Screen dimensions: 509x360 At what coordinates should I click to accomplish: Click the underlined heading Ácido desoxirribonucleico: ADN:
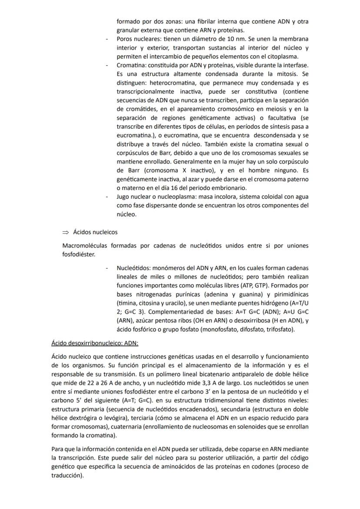(x=95, y=343)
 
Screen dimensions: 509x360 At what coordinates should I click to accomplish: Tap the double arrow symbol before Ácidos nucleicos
(x=66, y=233)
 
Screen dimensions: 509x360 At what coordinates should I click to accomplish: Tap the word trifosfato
(x=278, y=329)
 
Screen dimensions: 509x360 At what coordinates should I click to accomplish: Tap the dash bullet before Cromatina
(x=107, y=65)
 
